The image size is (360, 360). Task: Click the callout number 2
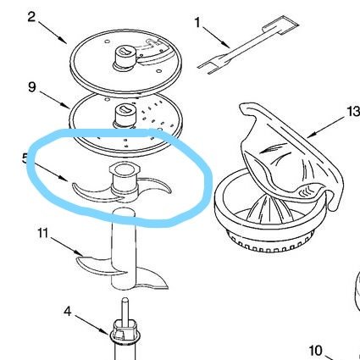31,17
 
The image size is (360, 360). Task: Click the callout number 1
197,23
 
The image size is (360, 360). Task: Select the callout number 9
32,86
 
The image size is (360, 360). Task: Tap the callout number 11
43,233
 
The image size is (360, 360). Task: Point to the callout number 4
67,312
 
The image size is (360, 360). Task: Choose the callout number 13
353,112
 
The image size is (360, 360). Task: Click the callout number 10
315,351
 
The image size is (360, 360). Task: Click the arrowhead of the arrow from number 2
64,41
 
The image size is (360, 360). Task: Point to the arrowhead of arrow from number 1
226,45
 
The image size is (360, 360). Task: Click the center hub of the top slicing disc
124,57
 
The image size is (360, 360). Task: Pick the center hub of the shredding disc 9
124,116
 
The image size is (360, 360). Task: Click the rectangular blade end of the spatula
280,25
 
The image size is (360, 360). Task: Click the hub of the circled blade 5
125,181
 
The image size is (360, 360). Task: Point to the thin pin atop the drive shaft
125,310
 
